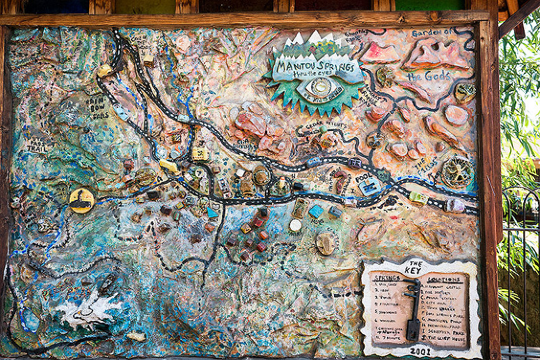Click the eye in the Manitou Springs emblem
click(x=319, y=88)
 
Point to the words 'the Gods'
click(x=429, y=75)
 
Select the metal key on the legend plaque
click(x=413, y=310)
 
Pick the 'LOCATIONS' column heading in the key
click(x=445, y=279)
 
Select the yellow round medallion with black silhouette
click(x=81, y=201)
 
